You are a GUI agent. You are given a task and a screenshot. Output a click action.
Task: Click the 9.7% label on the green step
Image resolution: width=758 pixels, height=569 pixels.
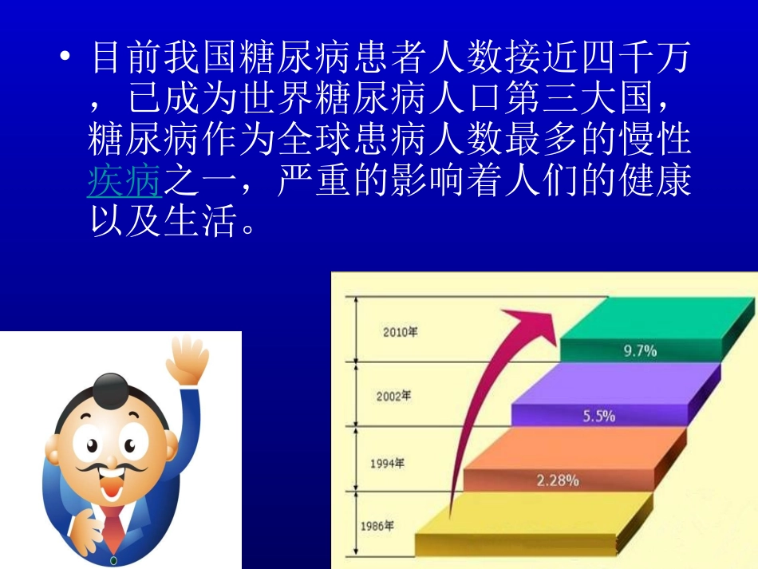click(639, 350)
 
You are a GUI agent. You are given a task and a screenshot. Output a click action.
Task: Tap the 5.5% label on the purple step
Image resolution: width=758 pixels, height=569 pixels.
click(598, 416)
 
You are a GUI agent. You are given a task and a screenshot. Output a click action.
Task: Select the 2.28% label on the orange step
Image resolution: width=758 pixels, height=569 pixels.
click(558, 480)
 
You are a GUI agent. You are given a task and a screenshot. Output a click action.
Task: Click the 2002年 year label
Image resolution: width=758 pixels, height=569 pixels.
click(393, 396)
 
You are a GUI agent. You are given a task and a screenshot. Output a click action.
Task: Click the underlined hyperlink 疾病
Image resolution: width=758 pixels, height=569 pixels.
click(125, 182)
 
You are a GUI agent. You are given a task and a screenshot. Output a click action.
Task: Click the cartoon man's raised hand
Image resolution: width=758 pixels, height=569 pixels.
click(187, 362)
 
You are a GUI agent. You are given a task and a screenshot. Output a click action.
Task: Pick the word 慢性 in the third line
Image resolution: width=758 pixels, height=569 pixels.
click(653, 142)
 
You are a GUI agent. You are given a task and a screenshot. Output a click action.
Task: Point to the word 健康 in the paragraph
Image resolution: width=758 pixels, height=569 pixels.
click(653, 182)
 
